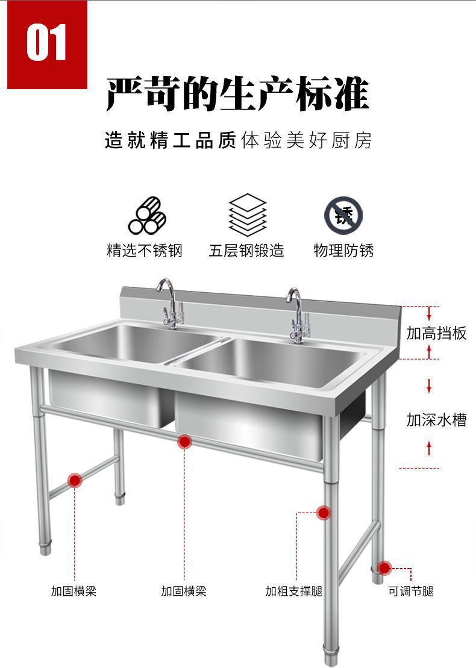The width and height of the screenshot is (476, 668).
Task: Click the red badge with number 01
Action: coord(47,43)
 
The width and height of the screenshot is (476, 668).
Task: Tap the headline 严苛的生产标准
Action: coord(237,95)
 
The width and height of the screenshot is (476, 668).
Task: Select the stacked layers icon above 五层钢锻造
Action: coord(247,214)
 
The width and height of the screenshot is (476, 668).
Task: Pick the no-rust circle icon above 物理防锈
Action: coord(343,215)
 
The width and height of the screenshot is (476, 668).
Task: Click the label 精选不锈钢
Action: coord(144,251)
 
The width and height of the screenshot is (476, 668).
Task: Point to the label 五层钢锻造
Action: coord(246,251)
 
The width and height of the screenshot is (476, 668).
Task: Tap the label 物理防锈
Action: coord(343,251)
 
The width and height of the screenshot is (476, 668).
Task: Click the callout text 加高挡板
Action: coord(436,333)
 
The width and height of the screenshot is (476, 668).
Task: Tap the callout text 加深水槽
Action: coord(436,420)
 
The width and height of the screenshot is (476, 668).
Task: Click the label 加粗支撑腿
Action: coord(294,592)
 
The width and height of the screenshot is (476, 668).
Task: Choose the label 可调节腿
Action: coord(411,592)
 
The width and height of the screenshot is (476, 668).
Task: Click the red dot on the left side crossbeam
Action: coord(75,480)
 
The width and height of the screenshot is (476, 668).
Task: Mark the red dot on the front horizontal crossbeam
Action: coord(184,443)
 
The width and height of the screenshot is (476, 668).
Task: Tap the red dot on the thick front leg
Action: coord(324,513)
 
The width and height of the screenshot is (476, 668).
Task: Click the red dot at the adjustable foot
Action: coord(384,567)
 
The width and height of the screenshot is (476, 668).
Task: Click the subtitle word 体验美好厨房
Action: coord(306,141)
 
